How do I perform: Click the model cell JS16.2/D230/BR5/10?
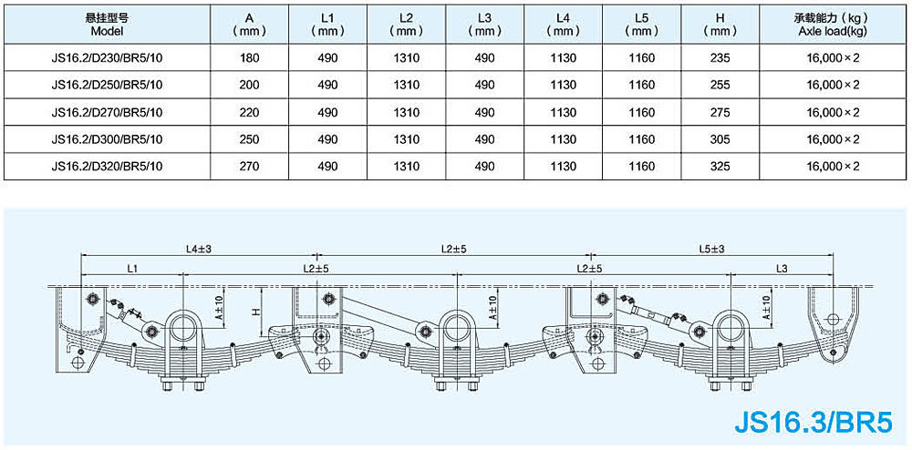pos(107,58)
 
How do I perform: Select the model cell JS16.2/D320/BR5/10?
pos(107,167)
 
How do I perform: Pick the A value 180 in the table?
pos(250,58)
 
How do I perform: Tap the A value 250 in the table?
pos(250,139)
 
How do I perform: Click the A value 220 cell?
pos(250,113)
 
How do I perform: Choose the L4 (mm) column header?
pos(565,24)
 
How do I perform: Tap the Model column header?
pos(107,24)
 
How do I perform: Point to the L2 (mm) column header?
pos(407,24)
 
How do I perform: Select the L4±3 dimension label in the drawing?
pos(199,248)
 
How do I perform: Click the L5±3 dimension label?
pos(711,248)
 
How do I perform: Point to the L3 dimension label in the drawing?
pos(782,268)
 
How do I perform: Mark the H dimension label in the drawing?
pos(257,311)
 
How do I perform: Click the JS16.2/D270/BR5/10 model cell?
pos(107,113)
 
